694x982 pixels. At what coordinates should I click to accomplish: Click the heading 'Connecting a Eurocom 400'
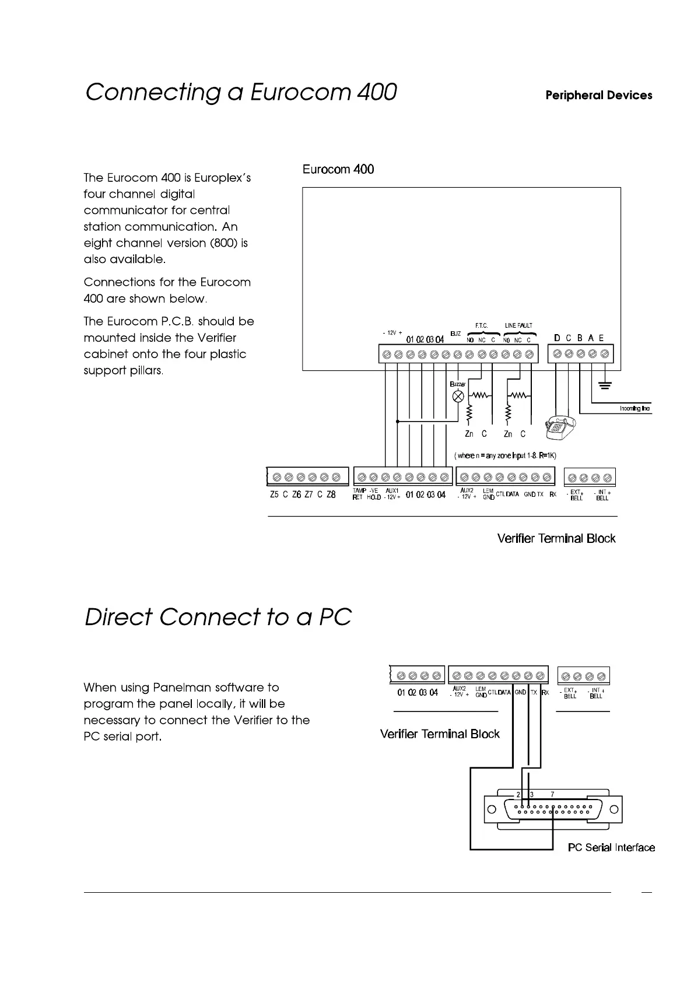(241, 93)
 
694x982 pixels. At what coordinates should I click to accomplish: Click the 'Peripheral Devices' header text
(598, 96)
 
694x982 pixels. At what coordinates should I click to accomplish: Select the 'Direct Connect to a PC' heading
(218, 617)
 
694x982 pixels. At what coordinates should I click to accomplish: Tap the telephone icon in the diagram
(560, 428)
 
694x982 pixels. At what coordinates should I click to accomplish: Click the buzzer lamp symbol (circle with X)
(458, 397)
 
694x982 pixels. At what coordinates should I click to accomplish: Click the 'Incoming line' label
(635, 409)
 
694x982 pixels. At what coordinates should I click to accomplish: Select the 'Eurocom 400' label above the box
(338, 170)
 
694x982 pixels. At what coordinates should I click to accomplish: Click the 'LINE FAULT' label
(518, 325)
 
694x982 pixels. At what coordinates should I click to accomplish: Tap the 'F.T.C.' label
(481, 325)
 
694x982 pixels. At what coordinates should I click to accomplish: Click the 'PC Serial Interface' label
(611, 847)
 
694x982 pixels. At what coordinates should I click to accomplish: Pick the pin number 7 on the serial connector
(552, 794)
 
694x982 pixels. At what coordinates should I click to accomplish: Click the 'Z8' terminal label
(331, 494)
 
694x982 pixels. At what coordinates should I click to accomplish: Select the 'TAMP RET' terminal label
(358, 494)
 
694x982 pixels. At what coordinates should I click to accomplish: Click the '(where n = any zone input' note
(505, 455)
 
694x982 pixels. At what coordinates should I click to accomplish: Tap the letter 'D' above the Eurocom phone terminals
(557, 338)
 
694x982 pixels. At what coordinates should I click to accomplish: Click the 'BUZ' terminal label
(455, 333)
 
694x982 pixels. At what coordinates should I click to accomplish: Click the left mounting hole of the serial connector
(491, 809)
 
